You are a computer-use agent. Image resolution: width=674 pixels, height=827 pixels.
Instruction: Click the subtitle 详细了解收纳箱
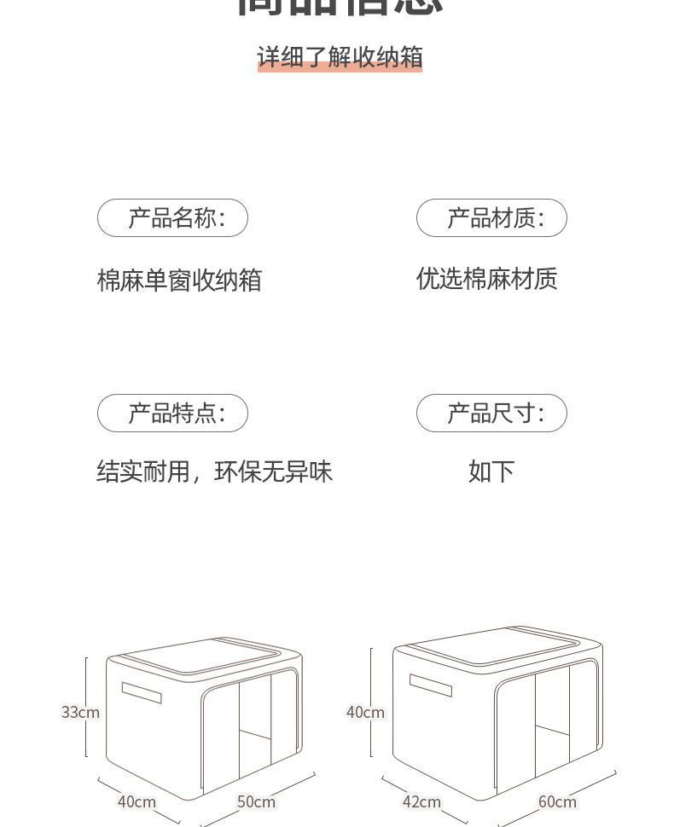click(x=340, y=57)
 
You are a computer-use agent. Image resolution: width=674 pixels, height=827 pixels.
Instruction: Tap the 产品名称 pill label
click(x=172, y=218)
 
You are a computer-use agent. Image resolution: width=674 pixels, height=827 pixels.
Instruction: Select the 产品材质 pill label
click(x=491, y=218)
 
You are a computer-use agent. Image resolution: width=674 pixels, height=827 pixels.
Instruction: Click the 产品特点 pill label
click(x=172, y=413)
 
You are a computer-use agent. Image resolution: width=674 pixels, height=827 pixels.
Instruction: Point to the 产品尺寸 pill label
click(x=491, y=413)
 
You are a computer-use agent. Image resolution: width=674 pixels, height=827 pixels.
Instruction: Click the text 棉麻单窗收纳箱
click(x=179, y=280)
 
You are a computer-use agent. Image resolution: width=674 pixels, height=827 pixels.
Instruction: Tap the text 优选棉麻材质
click(x=486, y=279)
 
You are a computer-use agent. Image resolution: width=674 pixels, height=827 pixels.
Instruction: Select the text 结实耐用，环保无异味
click(x=214, y=471)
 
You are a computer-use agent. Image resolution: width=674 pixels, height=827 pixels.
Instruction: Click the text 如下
click(x=491, y=471)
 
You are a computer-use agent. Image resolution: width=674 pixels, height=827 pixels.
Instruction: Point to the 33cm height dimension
click(x=80, y=712)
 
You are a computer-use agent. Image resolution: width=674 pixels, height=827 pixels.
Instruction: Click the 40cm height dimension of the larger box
click(x=365, y=712)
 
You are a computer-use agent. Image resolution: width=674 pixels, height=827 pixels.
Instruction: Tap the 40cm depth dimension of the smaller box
click(x=137, y=801)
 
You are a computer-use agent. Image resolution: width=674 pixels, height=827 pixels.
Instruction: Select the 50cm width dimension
click(x=256, y=801)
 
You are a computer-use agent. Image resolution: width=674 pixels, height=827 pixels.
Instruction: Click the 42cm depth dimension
click(x=421, y=801)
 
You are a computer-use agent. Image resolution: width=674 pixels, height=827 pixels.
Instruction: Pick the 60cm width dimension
click(x=557, y=801)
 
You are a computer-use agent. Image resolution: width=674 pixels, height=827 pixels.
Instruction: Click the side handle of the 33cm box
click(x=142, y=692)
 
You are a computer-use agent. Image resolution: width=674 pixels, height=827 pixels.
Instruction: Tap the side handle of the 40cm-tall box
click(x=431, y=685)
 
